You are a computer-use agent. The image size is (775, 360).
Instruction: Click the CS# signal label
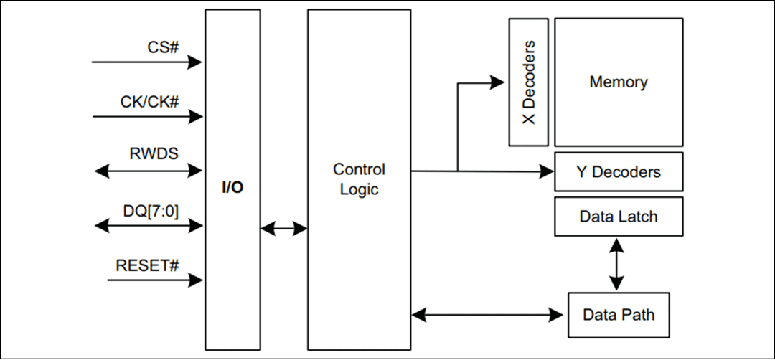(x=164, y=47)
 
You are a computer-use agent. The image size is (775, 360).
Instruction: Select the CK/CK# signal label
(x=149, y=102)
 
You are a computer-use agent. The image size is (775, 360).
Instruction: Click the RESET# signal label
(x=146, y=265)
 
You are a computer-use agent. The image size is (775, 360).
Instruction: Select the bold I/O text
(x=232, y=188)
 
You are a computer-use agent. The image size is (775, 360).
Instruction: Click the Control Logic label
(x=359, y=179)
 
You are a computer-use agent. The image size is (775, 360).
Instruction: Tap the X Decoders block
(x=529, y=82)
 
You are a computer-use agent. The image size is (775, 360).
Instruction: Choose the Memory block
(x=618, y=82)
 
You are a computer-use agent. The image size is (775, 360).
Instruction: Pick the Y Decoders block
(x=618, y=171)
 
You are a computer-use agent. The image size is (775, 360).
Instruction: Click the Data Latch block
(x=618, y=216)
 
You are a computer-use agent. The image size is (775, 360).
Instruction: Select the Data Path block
(x=618, y=315)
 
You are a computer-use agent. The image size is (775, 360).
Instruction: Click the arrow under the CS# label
(x=147, y=62)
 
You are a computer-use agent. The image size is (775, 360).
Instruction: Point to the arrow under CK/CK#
(x=147, y=116)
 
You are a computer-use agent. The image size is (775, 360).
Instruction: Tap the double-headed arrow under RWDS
(x=149, y=171)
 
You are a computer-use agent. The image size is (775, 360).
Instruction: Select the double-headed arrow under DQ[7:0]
(x=149, y=225)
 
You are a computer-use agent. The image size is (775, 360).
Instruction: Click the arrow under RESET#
(x=155, y=280)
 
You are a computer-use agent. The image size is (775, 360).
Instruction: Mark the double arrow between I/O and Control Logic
(x=283, y=229)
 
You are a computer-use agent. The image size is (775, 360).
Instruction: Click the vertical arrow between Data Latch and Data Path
(x=616, y=265)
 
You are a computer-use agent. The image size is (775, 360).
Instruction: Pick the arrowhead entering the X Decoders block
(x=498, y=82)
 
